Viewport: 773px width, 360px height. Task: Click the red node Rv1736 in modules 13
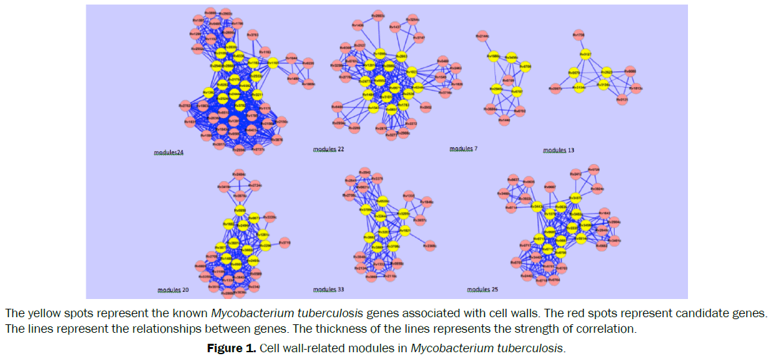tap(579, 35)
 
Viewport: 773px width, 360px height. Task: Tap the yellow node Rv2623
tap(607, 73)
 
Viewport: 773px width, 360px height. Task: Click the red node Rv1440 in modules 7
tap(504, 120)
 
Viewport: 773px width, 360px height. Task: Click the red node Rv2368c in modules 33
tap(430, 246)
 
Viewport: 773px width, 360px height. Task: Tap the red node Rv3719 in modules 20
tap(284, 243)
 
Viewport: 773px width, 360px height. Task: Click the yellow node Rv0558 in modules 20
tap(239, 211)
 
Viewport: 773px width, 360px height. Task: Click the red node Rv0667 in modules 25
tap(550, 187)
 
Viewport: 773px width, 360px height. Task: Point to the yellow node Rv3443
tap(537, 207)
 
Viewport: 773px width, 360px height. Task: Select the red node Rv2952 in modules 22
tap(425, 108)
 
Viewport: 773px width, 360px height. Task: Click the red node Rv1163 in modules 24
tap(265, 52)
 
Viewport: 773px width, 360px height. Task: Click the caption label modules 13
tap(558, 150)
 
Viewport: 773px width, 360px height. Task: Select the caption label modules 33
tap(328, 289)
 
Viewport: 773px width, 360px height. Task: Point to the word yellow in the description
tap(38, 313)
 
